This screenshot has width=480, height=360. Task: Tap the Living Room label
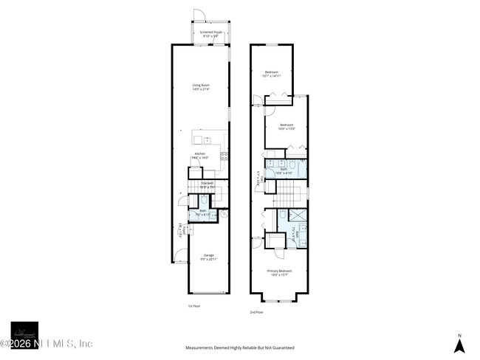[201, 87]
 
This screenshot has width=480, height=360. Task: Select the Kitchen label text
[200, 155]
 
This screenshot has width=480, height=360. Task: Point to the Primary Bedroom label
[279, 273]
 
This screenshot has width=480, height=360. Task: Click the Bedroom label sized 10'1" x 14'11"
[272, 74]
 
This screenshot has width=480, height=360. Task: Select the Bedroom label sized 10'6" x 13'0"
[287, 127]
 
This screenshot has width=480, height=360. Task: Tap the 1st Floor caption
[193, 305]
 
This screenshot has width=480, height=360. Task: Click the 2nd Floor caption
[256, 312]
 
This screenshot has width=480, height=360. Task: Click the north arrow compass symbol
[459, 344]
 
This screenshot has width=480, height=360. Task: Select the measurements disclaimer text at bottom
[240, 347]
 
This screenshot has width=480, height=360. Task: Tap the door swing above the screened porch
[198, 15]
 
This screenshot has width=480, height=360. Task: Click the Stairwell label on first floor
[208, 184]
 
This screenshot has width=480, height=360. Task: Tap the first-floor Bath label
[203, 212]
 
